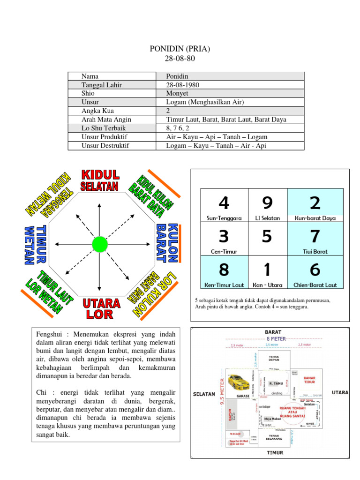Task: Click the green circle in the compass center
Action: pyautogui.click(x=100, y=244)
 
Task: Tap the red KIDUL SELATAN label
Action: pyautogui.click(x=99, y=180)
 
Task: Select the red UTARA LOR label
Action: pyautogui.click(x=101, y=308)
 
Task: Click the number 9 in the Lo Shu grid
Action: pyautogui.click(x=267, y=203)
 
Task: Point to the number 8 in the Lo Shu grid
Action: pyautogui.click(x=224, y=270)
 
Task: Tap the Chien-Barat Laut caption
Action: pyautogui.click(x=315, y=285)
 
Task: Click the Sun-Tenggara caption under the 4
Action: pyautogui.click(x=224, y=218)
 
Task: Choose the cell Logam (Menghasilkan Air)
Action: pyautogui.click(x=204, y=102)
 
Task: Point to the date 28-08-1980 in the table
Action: pyautogui.click(x=182, y=84)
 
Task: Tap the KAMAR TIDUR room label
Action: pyautogui.click(x=309, y=380)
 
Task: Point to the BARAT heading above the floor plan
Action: pyautogui.click(x=273, y=332)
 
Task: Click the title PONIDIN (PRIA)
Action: pyautogui.click(x=180, y=49)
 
